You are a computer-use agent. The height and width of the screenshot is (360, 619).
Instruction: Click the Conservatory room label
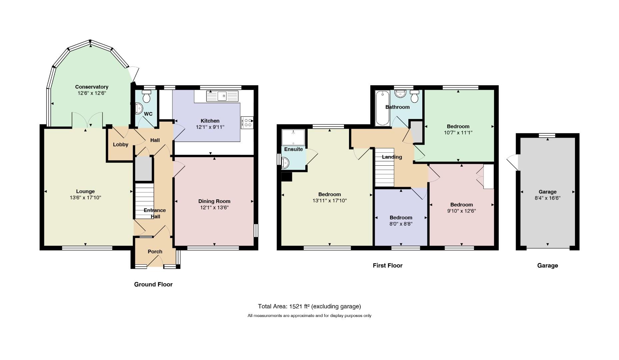92,87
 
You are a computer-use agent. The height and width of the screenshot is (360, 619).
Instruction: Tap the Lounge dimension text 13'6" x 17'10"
85,198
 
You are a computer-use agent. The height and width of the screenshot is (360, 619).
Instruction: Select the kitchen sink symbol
222,96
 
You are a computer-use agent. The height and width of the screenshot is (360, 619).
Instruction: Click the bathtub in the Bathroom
382,108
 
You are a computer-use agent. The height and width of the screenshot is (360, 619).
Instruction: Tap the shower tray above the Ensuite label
293,137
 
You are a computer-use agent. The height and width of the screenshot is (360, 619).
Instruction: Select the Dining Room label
214,201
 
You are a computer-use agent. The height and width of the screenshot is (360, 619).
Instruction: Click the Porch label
155,252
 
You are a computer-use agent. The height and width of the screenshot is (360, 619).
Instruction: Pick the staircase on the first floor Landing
385,167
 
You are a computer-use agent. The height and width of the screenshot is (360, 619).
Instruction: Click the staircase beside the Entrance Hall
144,201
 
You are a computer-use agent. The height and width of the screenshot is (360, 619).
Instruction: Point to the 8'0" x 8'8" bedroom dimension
401,224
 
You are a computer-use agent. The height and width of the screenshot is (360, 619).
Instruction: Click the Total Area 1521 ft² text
309,306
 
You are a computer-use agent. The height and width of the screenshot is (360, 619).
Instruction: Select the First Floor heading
388,266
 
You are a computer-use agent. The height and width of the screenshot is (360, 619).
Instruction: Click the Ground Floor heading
153,284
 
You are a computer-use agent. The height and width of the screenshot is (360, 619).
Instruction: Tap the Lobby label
121,145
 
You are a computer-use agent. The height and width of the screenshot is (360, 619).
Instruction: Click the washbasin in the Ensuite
285,163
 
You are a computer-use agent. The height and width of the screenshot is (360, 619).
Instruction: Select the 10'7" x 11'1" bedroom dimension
458,133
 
